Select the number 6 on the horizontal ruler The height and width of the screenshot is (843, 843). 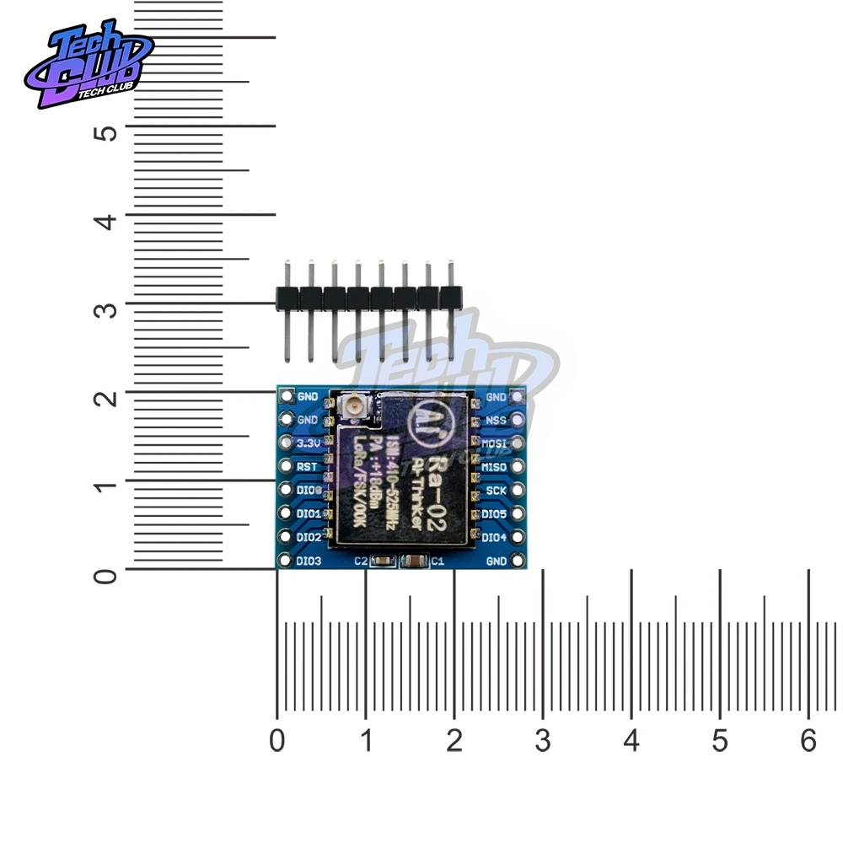808,742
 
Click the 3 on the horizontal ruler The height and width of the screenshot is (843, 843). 542,742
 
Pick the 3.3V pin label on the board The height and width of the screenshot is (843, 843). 308,443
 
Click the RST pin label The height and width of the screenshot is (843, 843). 307,466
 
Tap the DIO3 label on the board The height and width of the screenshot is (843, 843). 309,561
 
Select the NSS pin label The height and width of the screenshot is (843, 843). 496,419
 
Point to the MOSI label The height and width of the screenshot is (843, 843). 495,443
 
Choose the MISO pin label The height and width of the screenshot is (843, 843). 495,466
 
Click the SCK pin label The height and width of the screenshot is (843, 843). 496,490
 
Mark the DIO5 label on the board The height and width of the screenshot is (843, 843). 495,513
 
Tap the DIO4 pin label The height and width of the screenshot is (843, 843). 495,537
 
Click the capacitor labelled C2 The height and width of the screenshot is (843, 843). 381,561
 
